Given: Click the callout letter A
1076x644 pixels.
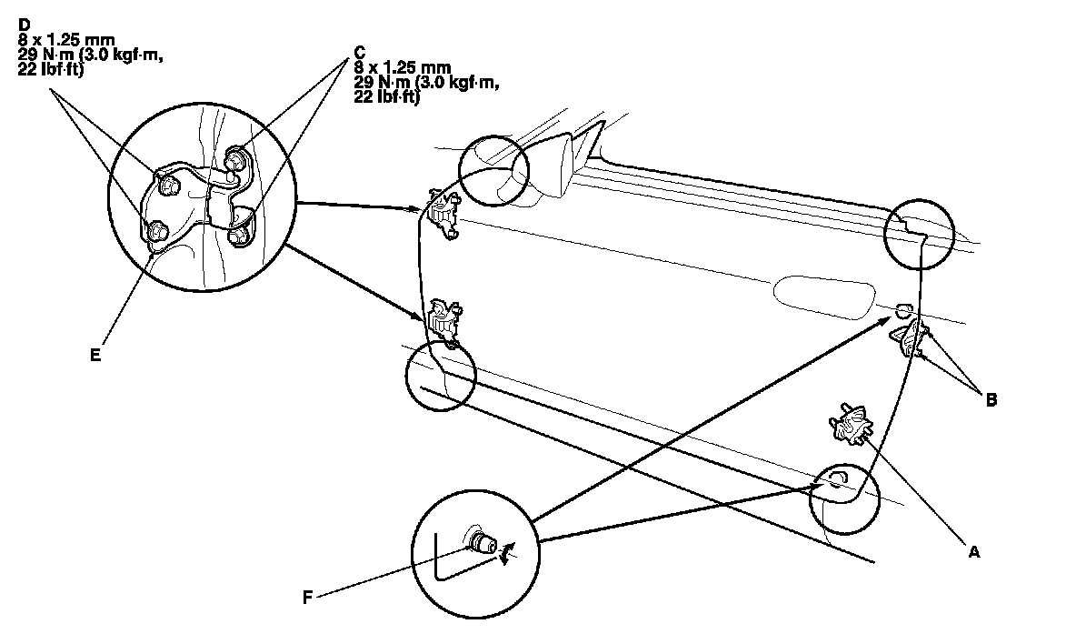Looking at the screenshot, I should pos(975,551).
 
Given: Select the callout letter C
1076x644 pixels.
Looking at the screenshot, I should pos(360,52).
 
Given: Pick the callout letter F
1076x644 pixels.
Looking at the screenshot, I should pos(307,598).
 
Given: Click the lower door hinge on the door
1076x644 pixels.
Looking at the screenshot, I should pos(443,318).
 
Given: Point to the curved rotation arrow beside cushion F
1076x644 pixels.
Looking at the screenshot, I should pos(507,552).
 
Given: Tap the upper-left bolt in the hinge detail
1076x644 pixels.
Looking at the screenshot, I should pos(169,184).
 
